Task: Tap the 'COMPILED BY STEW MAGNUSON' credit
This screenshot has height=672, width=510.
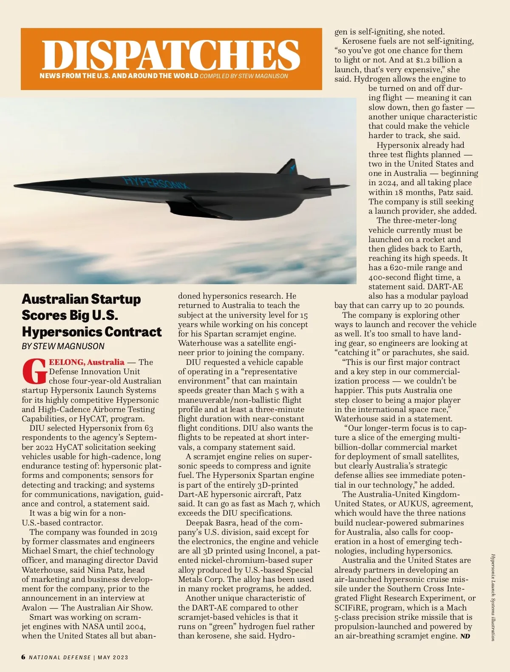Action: coord(244,76)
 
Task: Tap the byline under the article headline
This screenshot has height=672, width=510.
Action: coord(63,346)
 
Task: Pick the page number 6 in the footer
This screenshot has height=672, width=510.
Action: coord(23,657)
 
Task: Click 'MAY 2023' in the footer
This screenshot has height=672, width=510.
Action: coord(113,658)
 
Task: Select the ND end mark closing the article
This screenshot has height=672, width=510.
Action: coord(465,636)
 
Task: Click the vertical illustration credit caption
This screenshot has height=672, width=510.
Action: coord(493,597)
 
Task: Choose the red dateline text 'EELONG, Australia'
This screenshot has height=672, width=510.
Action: coord(87,362)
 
